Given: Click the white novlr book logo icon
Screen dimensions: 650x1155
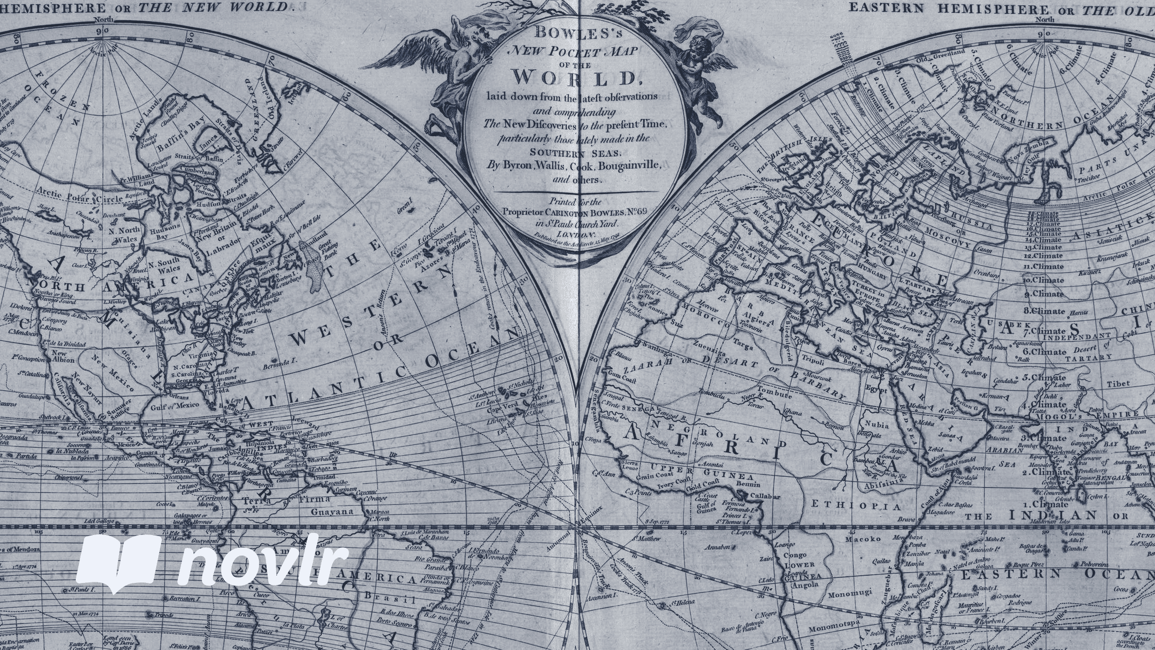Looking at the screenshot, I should pos(118,563).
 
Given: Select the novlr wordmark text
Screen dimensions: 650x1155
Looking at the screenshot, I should pos(263,564).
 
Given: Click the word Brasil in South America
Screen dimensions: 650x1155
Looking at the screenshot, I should pos(390,599).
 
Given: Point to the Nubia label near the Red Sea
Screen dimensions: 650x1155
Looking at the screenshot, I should pos(876,425).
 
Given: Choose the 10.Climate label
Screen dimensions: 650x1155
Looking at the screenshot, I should pos(1044,280).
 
